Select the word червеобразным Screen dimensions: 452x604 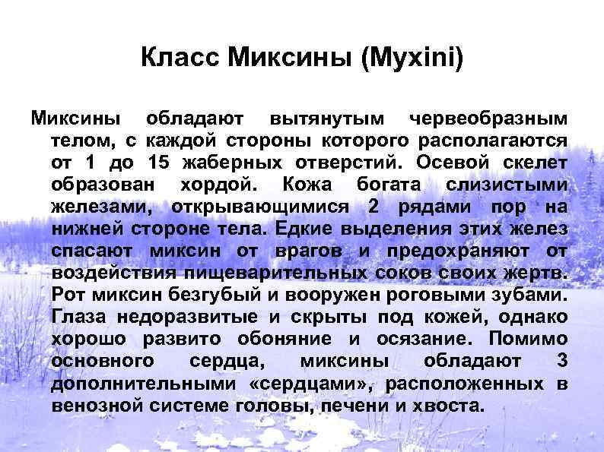(488, 119)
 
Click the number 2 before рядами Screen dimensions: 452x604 (373, 207)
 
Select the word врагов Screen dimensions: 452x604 (304, 251)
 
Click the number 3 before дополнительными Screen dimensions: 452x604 (561, 361)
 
